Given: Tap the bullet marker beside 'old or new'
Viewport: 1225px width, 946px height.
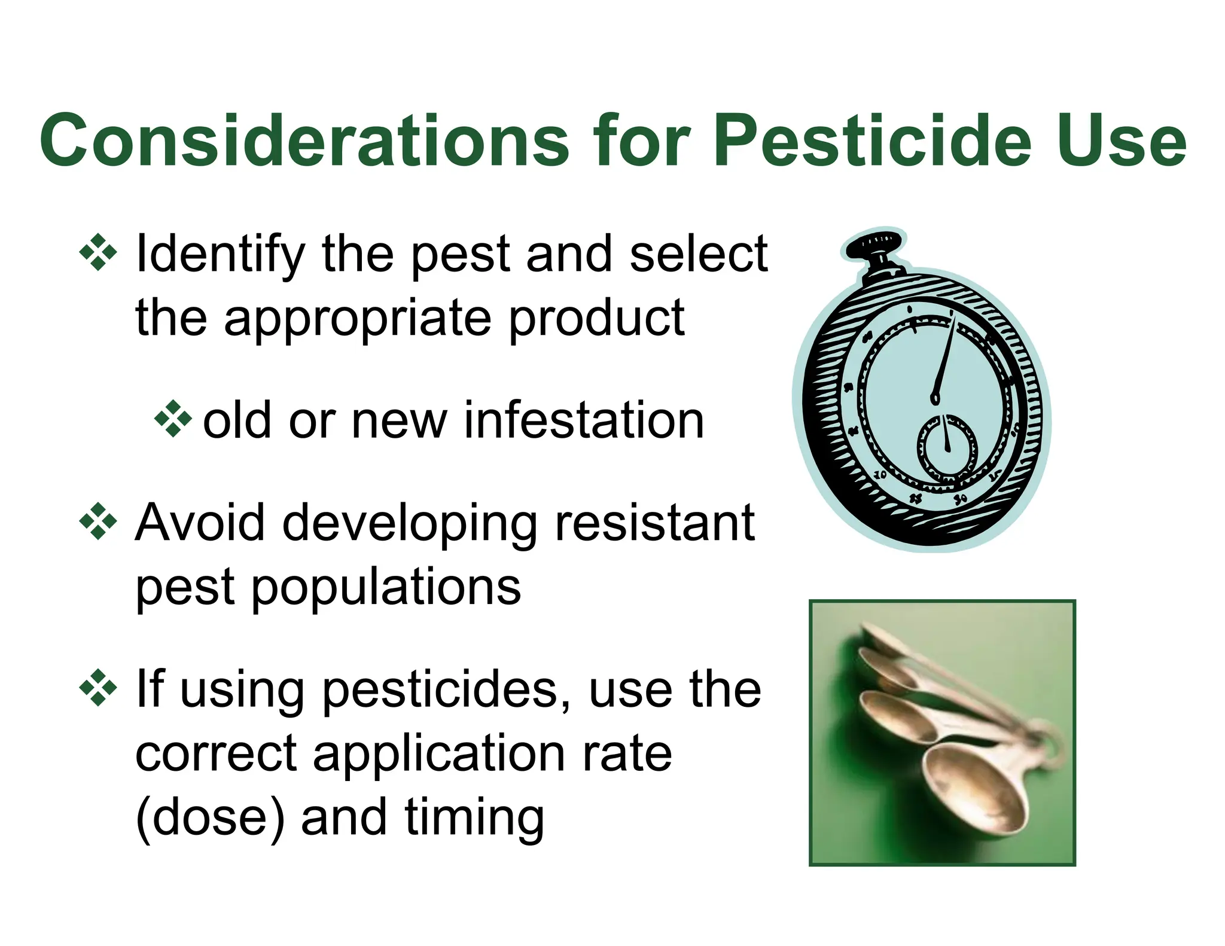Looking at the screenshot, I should tap(173, 419).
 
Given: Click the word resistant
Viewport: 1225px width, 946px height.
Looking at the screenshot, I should tap(654, 523).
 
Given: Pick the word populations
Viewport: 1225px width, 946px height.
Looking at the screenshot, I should tap(386, 588).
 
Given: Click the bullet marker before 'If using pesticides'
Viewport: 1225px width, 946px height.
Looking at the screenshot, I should tap(97, 689).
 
